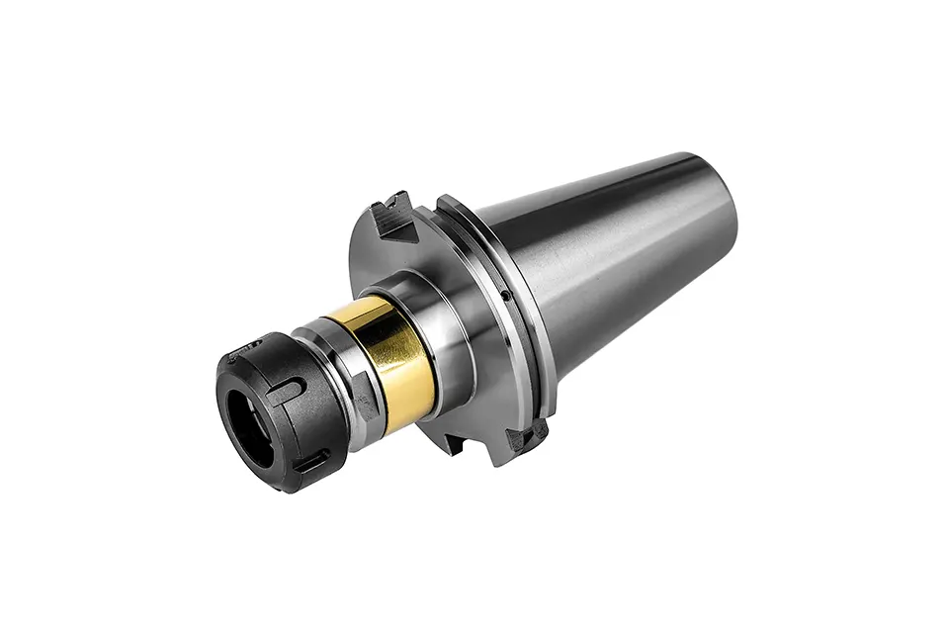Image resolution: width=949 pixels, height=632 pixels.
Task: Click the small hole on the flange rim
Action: click(x=504, y=294)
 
